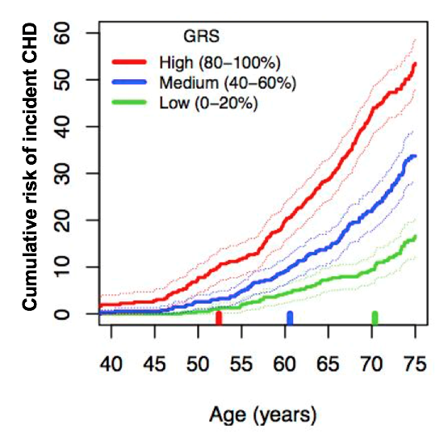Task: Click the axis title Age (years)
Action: [263, 415]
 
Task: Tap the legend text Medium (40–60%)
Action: [228, 82]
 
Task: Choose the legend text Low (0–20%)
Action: [209, 103]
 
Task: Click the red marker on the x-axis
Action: [219, 318]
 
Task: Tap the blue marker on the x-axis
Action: [290, 318]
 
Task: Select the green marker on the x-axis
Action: [375, 318]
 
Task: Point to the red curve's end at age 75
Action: [415, 65]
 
